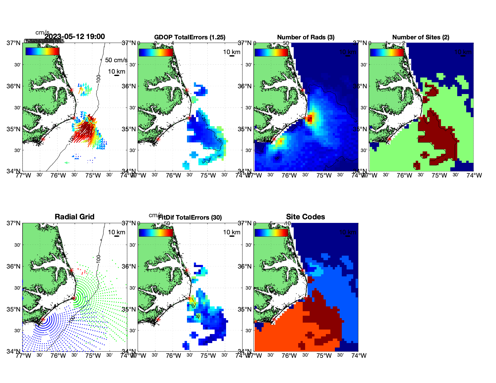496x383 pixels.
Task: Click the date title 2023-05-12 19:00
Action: pos(75,37)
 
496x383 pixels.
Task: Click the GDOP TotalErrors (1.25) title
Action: pos(190,37)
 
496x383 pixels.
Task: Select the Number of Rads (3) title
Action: pos(306,37)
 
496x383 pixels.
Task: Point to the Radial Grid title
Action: pos(75,217)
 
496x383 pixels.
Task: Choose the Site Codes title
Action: pos(305,217)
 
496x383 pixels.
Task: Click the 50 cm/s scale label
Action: pos(116,60)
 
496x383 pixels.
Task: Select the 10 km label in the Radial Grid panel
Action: pos(116,232)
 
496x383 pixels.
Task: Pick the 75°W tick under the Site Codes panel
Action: pos(324,356)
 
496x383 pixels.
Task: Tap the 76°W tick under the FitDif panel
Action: pos(173,356)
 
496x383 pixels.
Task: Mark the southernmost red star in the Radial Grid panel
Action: pos(43,319)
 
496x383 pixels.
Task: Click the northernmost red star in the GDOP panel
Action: pos(187,90)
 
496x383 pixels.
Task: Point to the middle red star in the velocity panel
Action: pos(74,118)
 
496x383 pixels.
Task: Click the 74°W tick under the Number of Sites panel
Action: pos(474,175)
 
